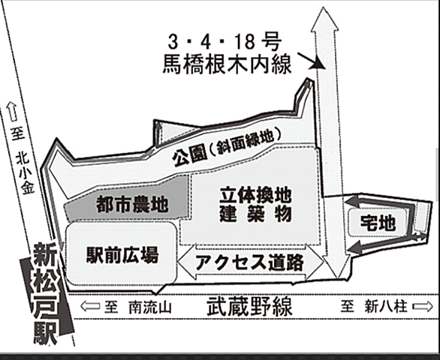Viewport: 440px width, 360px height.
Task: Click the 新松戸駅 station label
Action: coord(46,294)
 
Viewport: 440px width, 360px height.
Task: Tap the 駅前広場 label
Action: coord(122,255)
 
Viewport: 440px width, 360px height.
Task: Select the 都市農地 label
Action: coord(132,205)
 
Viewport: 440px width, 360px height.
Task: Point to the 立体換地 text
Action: coord(255,196)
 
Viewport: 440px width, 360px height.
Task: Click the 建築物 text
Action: coord(255,214)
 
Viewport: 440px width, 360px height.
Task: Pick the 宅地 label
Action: coord(378,223)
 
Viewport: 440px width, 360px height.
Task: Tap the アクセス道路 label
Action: coord(249,262)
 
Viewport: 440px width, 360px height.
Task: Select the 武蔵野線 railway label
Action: coord(249,307)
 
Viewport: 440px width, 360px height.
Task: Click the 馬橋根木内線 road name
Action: coord(227,64)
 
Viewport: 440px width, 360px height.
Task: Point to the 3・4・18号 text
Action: coord(225,42)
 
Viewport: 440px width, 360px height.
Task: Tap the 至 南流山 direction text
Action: coord(137,307)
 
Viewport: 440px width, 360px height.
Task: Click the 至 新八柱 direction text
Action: coord(374,307)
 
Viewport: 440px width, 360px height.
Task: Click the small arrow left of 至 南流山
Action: coord(90,306)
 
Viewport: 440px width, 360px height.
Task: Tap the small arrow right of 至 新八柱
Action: coord(423,307)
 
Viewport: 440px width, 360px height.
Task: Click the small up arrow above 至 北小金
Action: coord(12,112)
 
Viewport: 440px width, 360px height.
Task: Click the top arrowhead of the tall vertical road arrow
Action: coord(324,19)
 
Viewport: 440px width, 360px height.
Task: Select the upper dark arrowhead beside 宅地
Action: coord(353,201)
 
